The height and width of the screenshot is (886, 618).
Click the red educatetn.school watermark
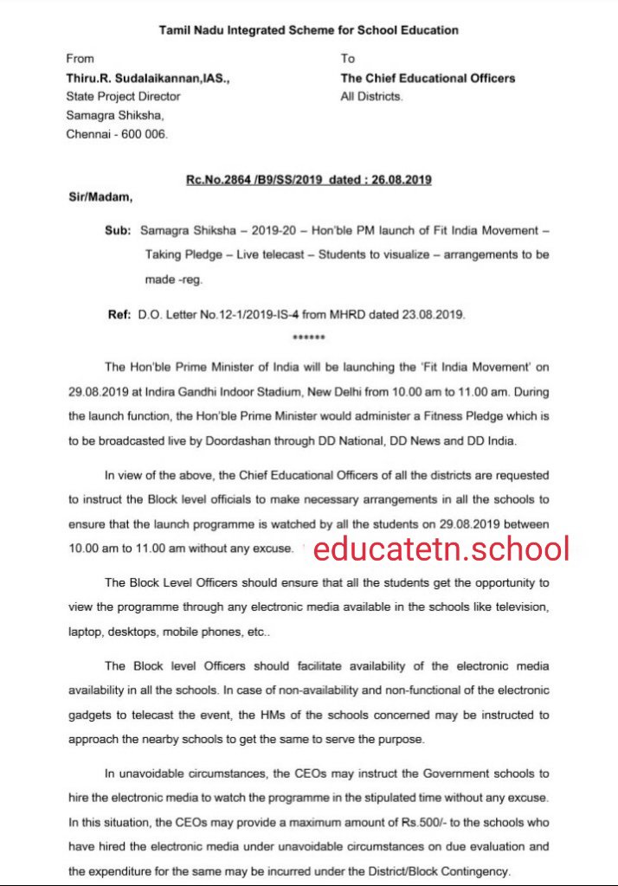pyautogui.click(x=441, y=548)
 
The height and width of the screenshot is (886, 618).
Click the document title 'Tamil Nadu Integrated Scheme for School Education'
pyautogui.click(x=309, y=30)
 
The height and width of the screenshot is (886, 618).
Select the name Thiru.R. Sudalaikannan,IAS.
pyautogui.click(x=148, y=78)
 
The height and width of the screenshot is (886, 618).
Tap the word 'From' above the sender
pyautogui.click(x=80, y=59)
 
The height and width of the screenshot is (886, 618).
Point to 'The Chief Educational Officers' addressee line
pyautogui.click(x=428, y=78)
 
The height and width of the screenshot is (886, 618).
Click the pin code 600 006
pyautogui.click(x=145, y=134)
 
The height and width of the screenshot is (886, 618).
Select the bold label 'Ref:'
pyautogui.click(x=119, y=315)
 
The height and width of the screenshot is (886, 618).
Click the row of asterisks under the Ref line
pyautogui.click(x=309, y=337)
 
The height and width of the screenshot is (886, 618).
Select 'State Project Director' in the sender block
pyautogui.click(x=123, y=96)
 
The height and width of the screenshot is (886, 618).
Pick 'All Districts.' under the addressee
pyautogui.click(x=371, y=96)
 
